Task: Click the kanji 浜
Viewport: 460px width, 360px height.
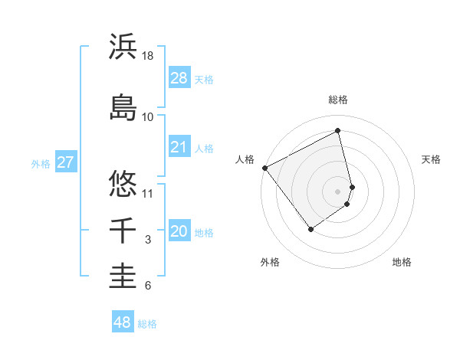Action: click(123, 47)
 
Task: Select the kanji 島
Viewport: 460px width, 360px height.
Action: click(123, 106)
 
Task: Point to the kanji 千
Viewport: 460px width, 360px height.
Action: click(123, 231)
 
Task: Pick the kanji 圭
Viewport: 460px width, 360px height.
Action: click(123, 276)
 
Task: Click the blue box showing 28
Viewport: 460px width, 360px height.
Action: click(179, 79)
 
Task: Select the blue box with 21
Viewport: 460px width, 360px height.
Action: click(179, 148)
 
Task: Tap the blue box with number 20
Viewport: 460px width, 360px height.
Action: click(179, 232)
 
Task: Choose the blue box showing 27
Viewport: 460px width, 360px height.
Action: click(66, 162)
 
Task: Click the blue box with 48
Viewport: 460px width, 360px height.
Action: click(123, 322)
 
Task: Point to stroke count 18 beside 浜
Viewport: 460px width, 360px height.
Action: click(149, 56)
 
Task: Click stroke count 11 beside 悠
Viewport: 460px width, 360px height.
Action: click(149, 193)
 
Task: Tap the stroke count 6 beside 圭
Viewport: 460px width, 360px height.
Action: click(148, 286)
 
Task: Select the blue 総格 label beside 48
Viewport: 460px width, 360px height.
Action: click(147, 324)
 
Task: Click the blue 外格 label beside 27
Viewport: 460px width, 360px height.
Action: click(41, 163)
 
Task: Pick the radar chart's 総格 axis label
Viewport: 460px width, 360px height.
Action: click(338, 100)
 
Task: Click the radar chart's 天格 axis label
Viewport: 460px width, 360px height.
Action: click(432, 159)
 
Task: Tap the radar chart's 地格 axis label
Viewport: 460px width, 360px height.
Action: click(402, 262)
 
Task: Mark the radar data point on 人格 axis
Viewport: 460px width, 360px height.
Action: click(265, 168)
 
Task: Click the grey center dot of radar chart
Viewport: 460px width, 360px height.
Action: click(338, 191)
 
